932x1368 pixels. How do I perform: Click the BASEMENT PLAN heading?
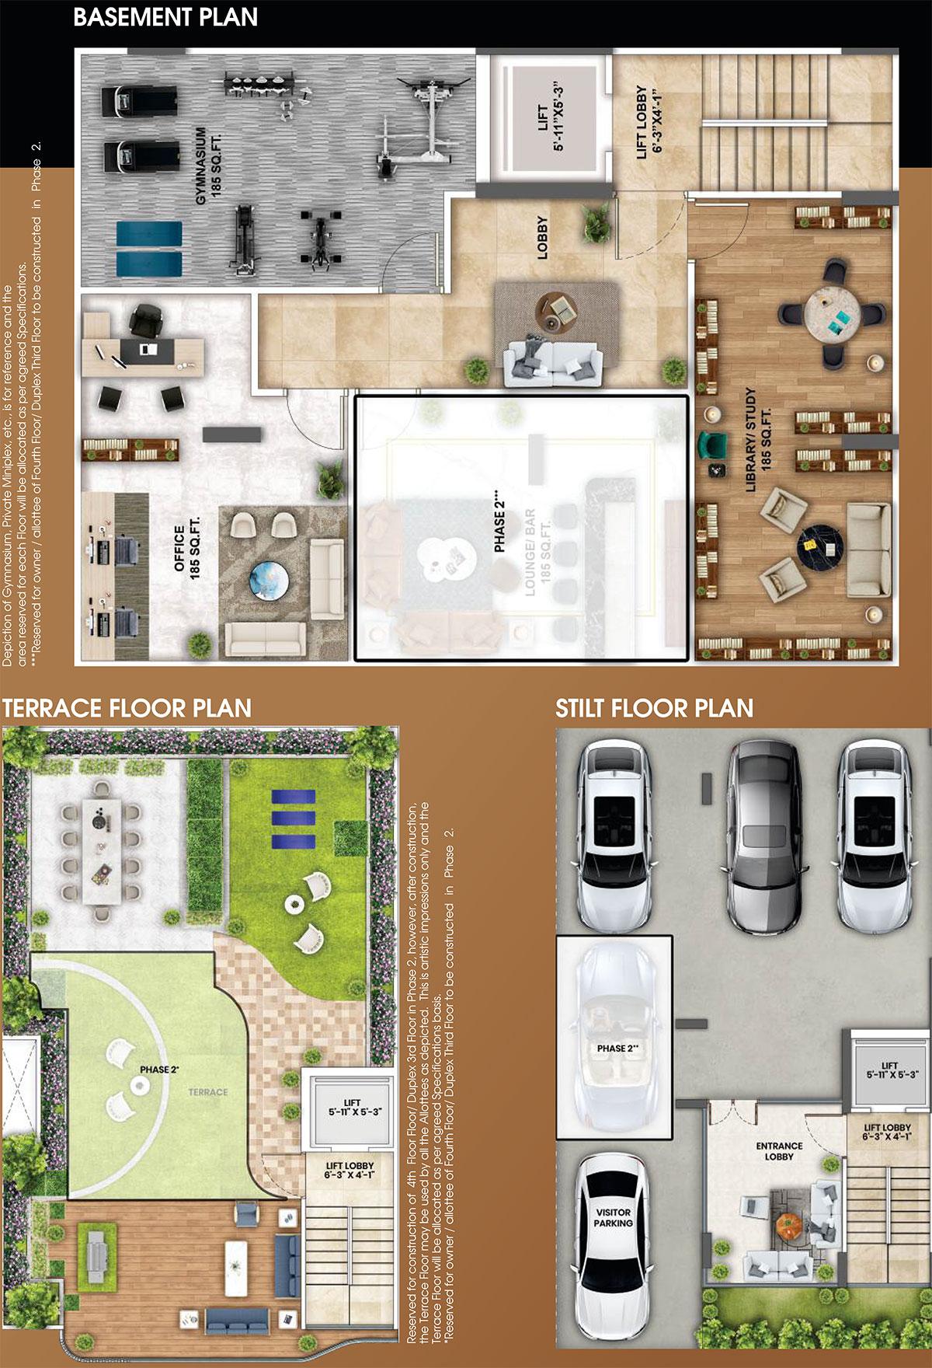pos(165,17)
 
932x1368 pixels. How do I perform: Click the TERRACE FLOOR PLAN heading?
pos(127,708)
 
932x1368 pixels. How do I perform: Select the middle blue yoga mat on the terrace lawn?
pos(293,820)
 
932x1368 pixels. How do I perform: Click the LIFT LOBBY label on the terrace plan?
pos(349,1171)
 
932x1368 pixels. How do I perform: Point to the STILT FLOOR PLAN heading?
pos(654,708)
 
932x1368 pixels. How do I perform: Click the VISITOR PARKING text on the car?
pos(613,1217)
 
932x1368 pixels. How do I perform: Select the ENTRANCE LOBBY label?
pos(778,1150)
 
